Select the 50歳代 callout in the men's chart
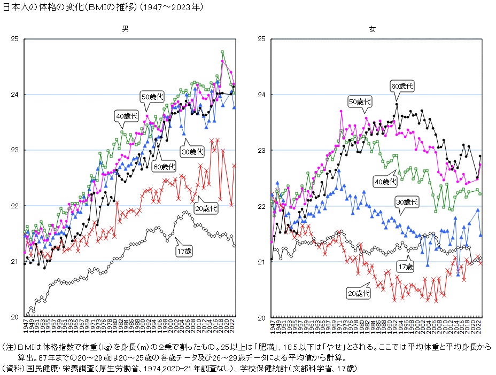pos(152,97)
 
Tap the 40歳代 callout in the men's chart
pos(127,115)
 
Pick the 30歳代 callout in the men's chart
pos(193,152)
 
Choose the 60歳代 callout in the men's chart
pos(164,166)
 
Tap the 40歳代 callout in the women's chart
pos(386,182)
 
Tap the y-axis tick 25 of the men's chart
pos(14,39)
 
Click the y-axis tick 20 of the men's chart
pos(14,317)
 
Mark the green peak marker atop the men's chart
pos(222,52)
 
